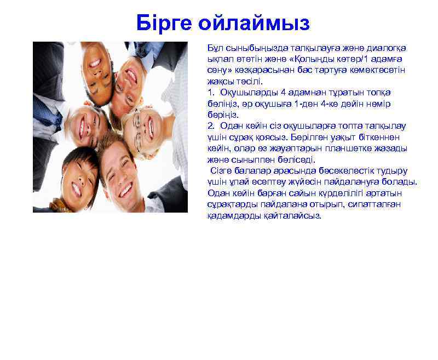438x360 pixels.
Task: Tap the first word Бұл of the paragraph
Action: pyautogui.click(x=215, y=48)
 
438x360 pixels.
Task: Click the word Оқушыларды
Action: pyautogui.click(x=246, y=93)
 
